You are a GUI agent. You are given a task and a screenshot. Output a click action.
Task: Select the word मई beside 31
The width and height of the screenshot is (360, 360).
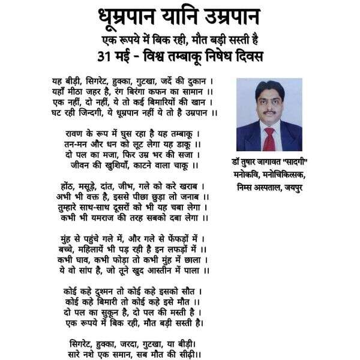136,57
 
